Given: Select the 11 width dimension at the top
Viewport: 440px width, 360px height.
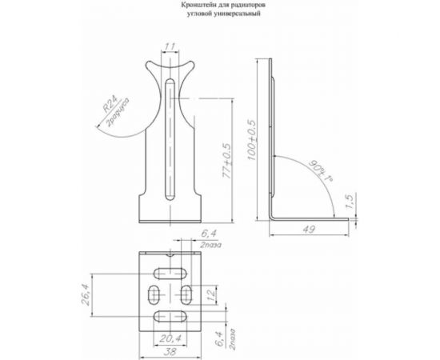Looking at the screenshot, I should click(x=170, y=46).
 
